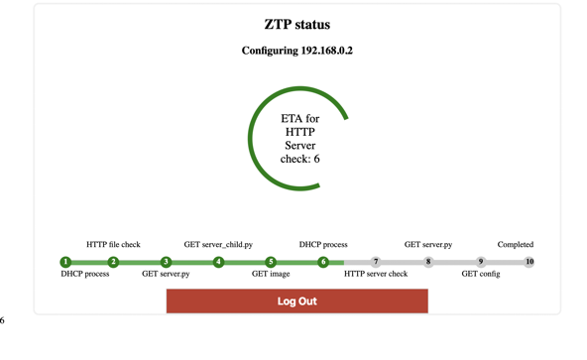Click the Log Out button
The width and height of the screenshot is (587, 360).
pos(296,300)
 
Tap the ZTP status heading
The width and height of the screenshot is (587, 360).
pos(296,25)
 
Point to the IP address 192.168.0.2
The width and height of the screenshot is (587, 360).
pos(326,51)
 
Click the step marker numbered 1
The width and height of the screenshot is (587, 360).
pos(65,262)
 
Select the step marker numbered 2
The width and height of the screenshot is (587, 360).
pos(113,262)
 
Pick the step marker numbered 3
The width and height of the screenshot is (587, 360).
pos(166,262)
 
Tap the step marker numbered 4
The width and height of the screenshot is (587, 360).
pos(218,262)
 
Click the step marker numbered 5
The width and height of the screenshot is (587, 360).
pos(271,262)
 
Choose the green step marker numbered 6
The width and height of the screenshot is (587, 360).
pos(323,262)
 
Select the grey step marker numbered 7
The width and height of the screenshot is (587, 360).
pos(376,262)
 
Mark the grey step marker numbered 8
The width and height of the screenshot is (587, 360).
pos(428,262)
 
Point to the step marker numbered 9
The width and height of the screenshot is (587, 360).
pos(481,262)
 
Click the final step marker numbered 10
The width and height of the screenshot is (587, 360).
pos(529,262)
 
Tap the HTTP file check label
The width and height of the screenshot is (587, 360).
pos(113,244)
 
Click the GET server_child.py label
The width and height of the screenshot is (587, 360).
pos(218,244)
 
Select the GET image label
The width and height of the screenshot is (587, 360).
pos(271,274)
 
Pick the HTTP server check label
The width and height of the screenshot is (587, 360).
pos(376,274)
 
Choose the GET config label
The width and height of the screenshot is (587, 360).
pos(481,274)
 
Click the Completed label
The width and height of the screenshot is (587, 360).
pos(516,244)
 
